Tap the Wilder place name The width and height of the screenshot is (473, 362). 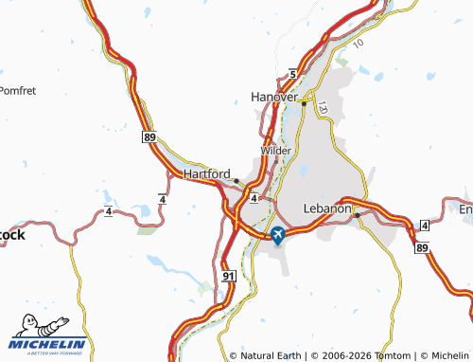[x=276, y=151]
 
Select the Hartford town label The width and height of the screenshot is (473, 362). [x=208, y=174]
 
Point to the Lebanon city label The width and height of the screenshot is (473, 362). [x=327, y=208]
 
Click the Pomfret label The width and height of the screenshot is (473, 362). [x=17, y=91]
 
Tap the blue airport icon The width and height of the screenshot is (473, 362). [x=277, y=234]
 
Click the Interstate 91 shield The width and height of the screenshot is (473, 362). [x=227, y=275]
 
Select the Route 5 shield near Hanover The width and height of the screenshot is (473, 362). [x=293, y=74]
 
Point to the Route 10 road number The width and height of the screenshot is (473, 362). [x=358, y=44]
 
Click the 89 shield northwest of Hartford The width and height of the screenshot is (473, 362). [x=150, y=137]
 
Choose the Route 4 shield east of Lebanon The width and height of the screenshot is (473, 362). [x=425, y=224]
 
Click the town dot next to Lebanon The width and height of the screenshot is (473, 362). [x=357, y=215]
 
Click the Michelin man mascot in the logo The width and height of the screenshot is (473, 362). [x=36, y=326]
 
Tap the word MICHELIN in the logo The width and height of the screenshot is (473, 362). [x=48, y=344]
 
